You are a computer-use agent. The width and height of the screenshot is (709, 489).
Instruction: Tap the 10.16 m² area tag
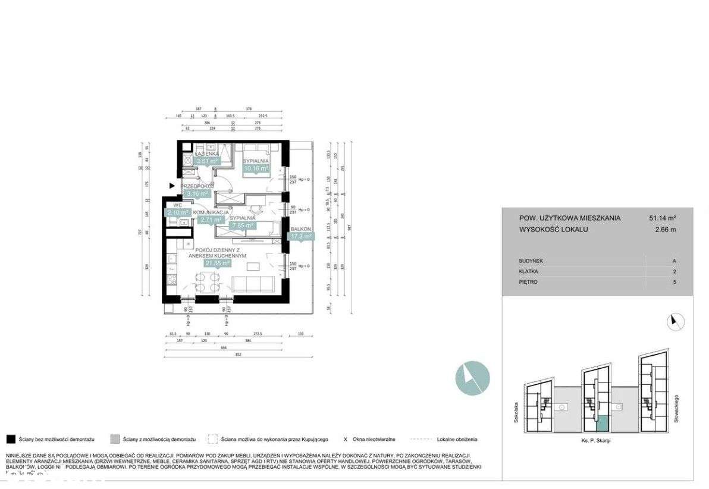tap(257, 169)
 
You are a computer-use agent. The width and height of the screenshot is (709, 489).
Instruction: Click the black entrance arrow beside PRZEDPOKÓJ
tap(172, 186)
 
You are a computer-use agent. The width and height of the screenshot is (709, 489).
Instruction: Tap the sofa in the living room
tap(253, 284)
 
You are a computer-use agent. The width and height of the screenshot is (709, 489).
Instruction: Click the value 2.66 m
tap(666, 229)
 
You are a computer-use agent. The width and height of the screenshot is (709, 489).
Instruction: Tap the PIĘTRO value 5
tap(675, 282)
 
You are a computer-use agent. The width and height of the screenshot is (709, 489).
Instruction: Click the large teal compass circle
tap(473, 377)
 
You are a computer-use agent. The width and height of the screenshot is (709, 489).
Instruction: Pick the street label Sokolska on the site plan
tap(516, 410)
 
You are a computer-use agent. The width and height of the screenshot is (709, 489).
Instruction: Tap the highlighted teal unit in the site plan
tap(602, 424)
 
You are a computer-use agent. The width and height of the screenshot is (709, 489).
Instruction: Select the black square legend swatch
tap(10, 440)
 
